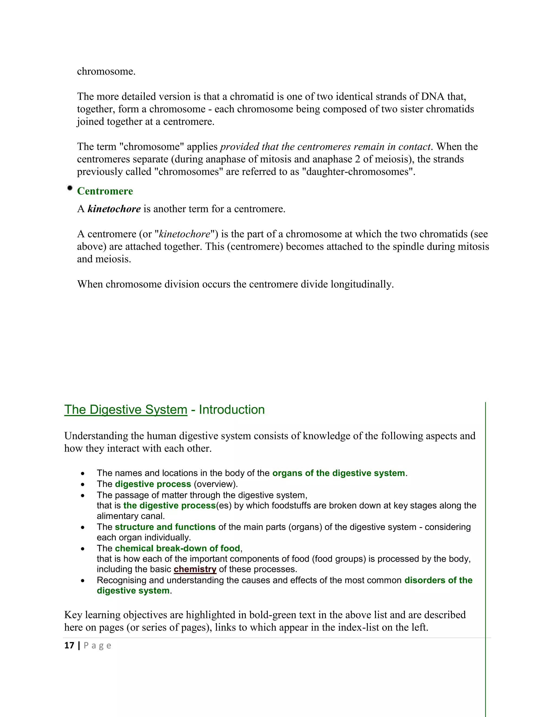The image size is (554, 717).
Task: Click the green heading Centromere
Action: point(105,191)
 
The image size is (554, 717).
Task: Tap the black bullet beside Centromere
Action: point(70,188)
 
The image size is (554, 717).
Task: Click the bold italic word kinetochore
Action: point(114,209)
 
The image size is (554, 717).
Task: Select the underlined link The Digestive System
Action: point(126,410)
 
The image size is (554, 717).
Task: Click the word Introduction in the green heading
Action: point(232,410)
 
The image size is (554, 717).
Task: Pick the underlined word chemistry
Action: point(195,569)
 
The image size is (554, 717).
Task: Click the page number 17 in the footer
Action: point(69,645)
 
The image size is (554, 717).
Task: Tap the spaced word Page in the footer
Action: point(97,645)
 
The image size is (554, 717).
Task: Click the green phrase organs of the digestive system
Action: point(338,473)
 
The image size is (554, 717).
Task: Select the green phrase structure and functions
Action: point(165,527)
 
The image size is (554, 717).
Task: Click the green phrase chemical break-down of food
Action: point(177,548)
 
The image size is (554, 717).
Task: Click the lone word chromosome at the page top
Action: point(106,71)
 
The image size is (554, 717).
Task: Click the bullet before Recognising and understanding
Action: point(83,581)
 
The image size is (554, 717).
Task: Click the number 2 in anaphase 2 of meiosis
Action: point(357,159)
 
